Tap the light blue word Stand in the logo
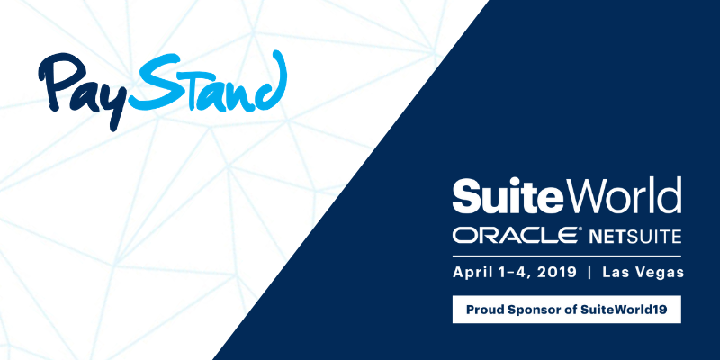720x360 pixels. (x=209, y=83)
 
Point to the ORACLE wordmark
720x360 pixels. (x=515, y=235)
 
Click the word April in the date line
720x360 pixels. (x=471, y=273)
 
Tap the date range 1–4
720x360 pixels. (x=510, y=273)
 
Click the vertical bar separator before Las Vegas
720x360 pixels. (x=589, y=273)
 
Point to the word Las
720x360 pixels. (x=615, y=273)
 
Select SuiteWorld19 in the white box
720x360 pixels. (x=624, y=310)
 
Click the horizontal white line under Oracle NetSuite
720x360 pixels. (x=567, y=256)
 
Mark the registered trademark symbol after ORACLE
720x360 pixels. (x=580, y=229)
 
